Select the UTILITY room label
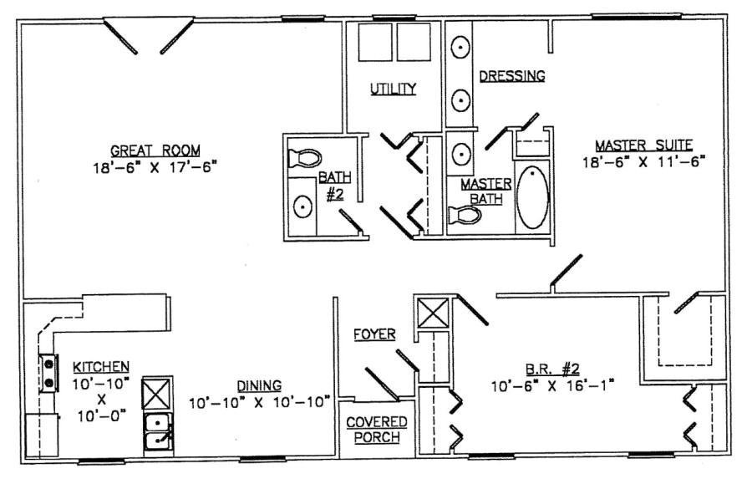pyautogui.click(x=394, y=89)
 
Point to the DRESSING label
pyautogui.click(x=511, y=76)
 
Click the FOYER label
pyautogui.click(x=373, y=334)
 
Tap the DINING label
pyautogui.click(x=258, y=385)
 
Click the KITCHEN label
pyautogui.click(x=100, y=366)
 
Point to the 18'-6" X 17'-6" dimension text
pyautogui.click(x=155, y=166)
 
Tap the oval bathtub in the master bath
pyautogui.click(x=531, y=198)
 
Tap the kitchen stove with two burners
pyautogui.click(x=49, y=372)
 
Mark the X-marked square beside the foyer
pyautogui.click(x=433, y=314)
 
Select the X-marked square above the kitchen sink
pyautogui.click(x=156, y=392)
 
